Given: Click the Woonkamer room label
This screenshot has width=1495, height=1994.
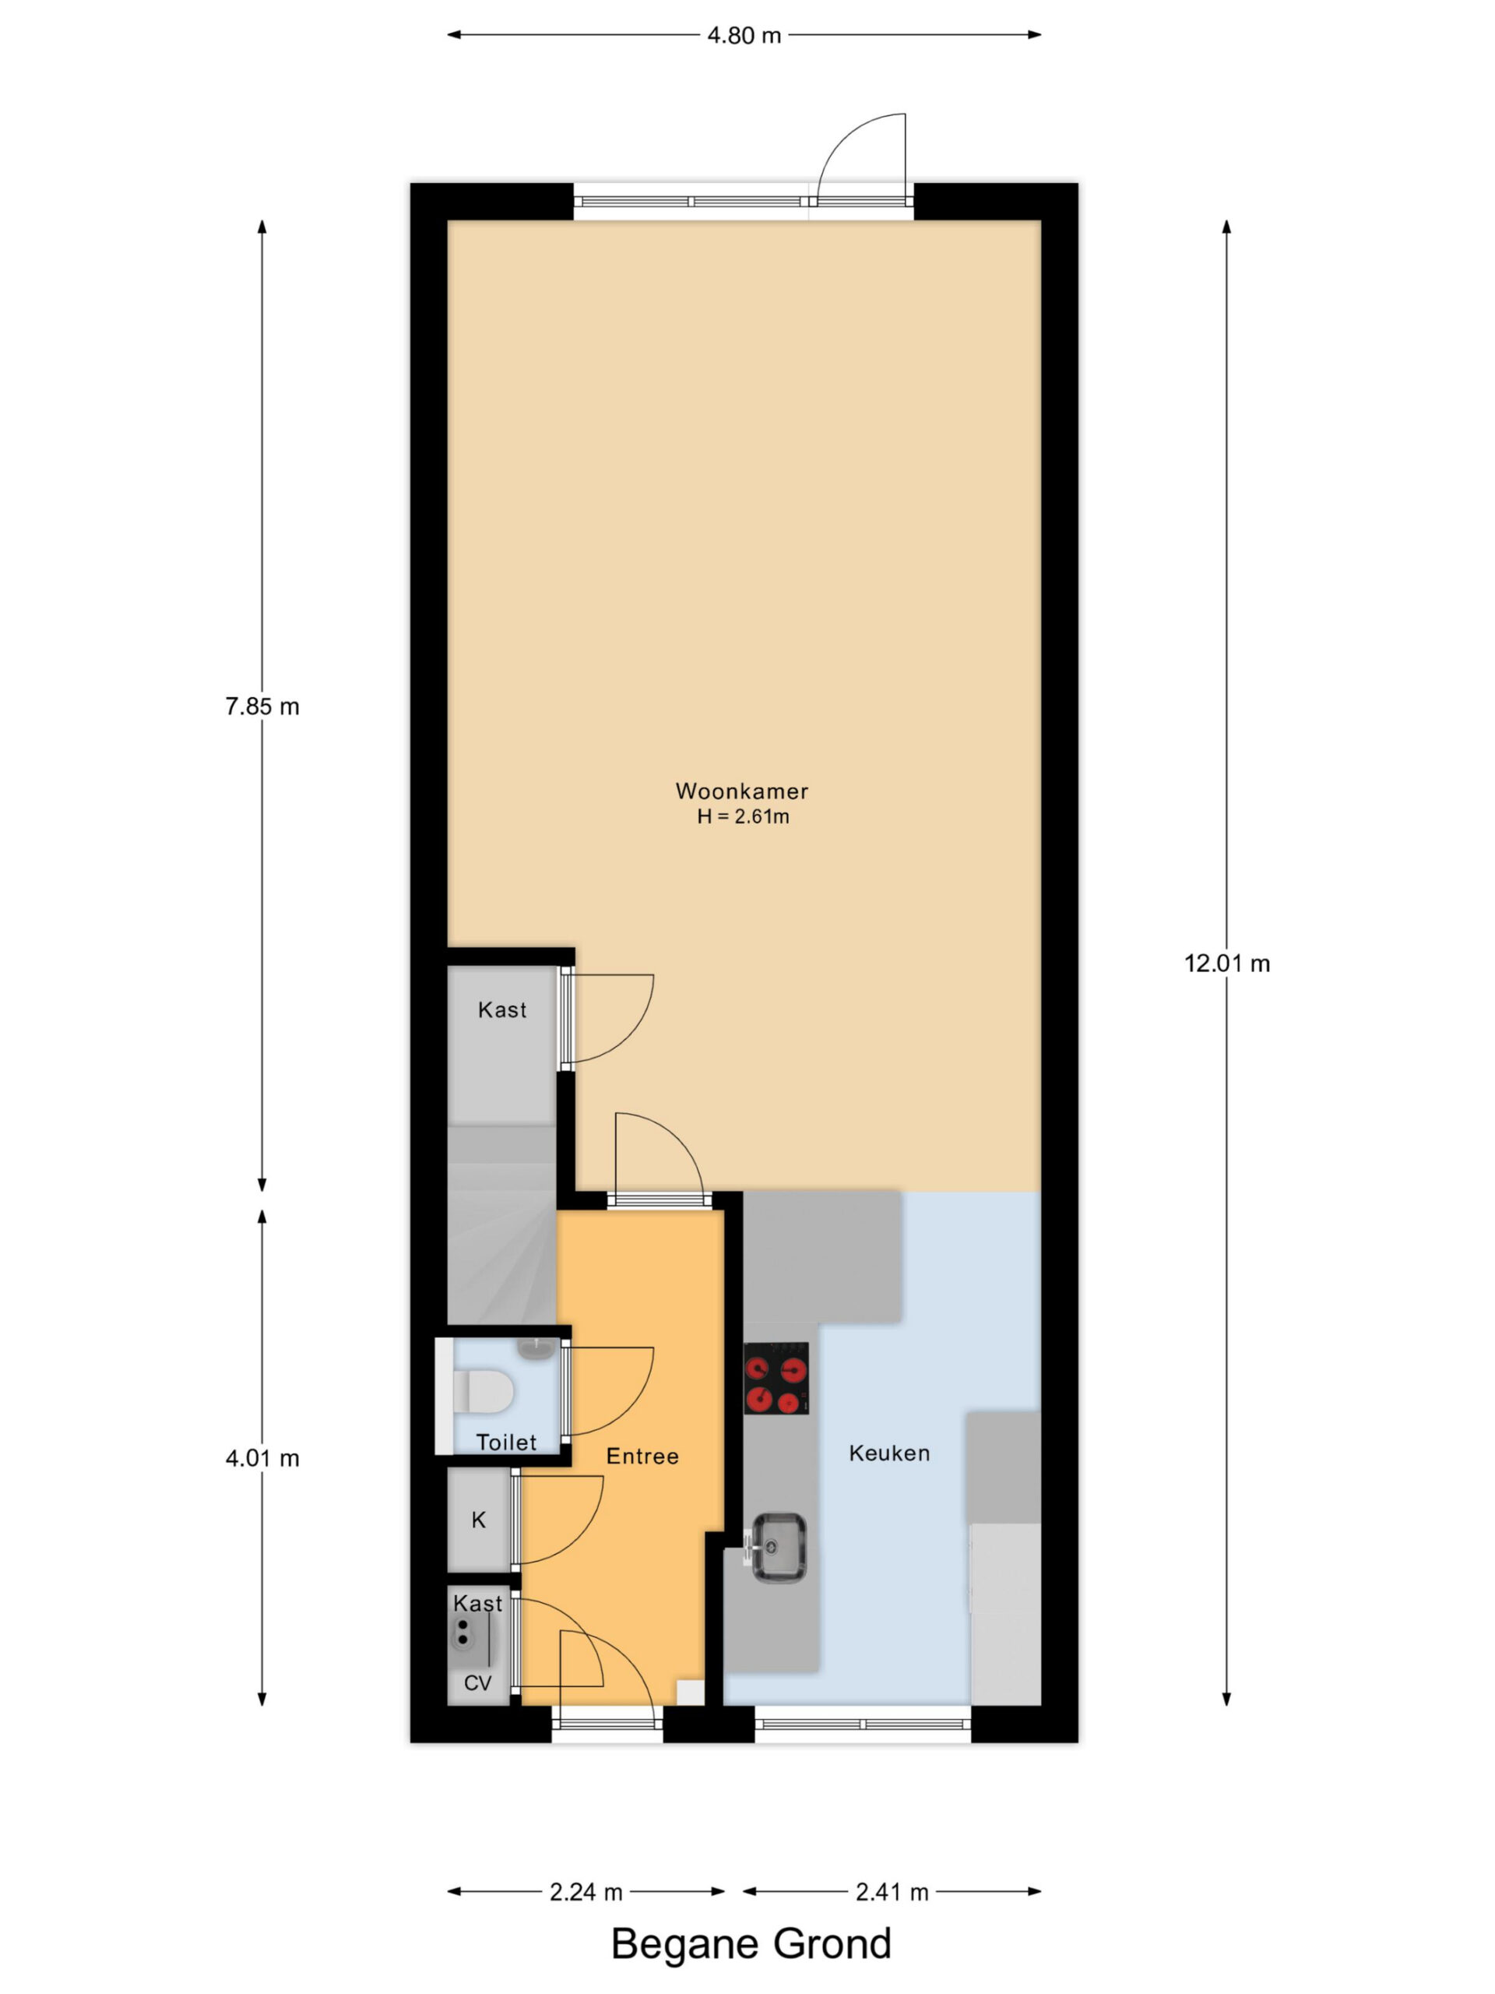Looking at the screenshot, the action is [x=741, y=791].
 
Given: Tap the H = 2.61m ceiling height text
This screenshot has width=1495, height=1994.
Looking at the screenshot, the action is [x=743, y=817].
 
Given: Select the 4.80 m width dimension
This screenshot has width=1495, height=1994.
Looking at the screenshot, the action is [x=744, y=35].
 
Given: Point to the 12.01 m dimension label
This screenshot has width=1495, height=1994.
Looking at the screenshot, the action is [x=1226, y=964].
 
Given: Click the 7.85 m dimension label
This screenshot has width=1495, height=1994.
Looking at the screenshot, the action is [x=262, y=706].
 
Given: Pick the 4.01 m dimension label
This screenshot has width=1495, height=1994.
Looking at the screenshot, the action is [x=262, y=1459].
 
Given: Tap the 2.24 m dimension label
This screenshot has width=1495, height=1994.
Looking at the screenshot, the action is [x=586, y=1892].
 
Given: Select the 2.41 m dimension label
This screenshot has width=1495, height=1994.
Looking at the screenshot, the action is [x=892, y=1892].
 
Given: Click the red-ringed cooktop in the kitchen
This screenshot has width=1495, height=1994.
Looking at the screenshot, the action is [x=775, y=1379].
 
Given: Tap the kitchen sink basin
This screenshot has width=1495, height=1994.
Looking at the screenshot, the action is [x=779, y=1547].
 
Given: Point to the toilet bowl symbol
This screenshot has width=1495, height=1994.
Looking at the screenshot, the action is [x=483, y=1391].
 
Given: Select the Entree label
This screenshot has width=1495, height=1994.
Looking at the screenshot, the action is [x=642, y=1456].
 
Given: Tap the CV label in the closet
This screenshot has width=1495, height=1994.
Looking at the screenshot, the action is [x=477, y=1683].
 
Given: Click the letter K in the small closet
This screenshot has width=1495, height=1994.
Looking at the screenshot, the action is [x=479, y=1520].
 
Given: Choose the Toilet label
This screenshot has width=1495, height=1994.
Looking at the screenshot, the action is [x=505, y=1443].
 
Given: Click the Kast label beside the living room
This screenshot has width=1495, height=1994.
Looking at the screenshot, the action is [x=502, y=1009].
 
